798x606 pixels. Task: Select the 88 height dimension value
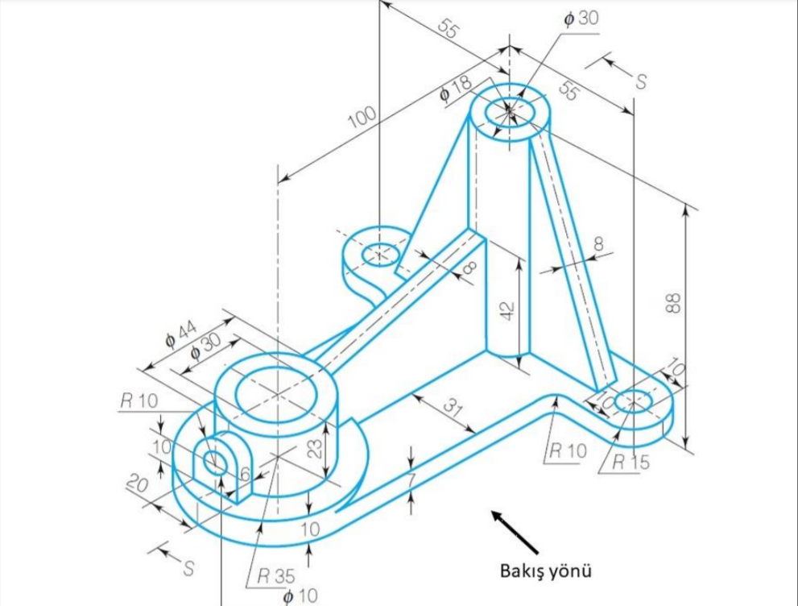point(675,303)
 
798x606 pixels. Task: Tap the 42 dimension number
point(507,310)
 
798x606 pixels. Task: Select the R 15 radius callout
point(630,462)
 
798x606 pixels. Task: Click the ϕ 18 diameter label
point(455,93)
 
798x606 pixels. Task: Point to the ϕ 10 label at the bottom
point(300,596)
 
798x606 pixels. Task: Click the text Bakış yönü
point(546,571)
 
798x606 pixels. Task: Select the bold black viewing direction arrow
point(515,531)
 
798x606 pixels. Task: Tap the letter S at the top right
point(641,81)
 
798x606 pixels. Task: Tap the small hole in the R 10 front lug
point(215,463)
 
